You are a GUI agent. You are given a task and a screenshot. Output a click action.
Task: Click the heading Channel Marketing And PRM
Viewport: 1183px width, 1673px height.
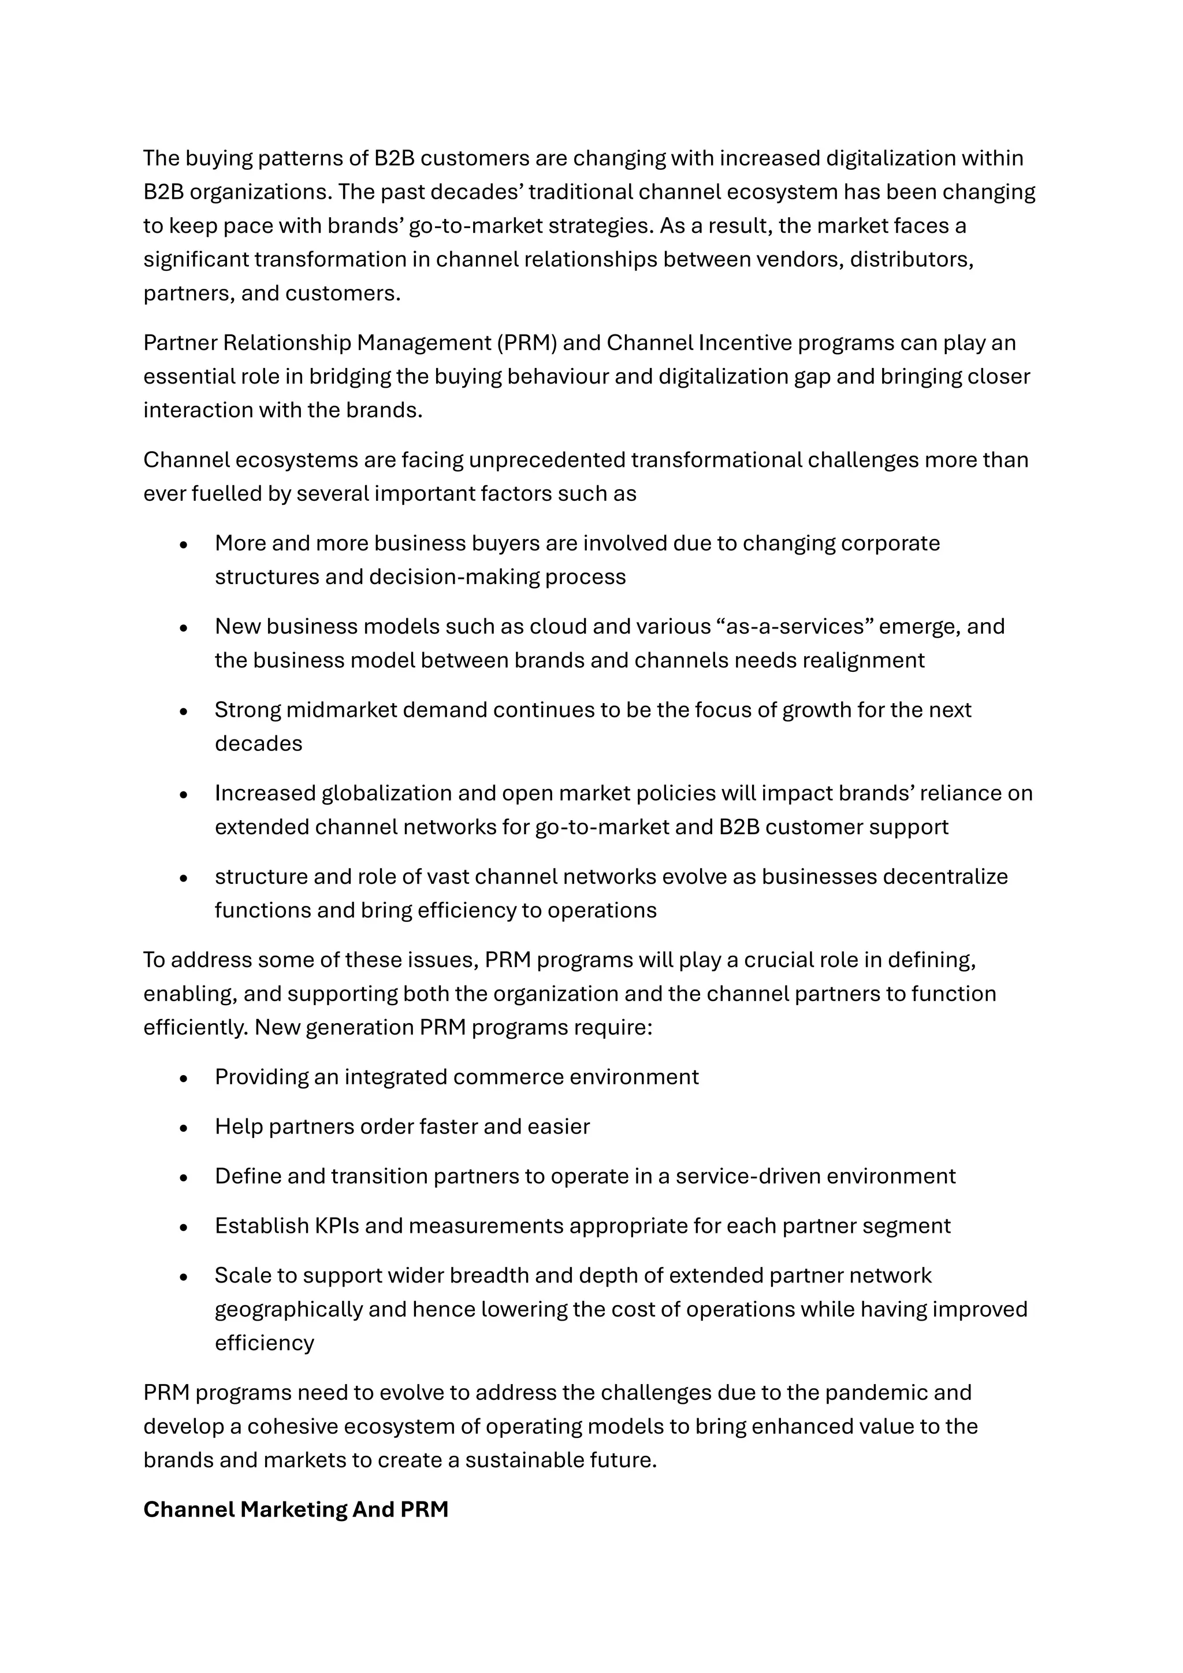point(295,1509)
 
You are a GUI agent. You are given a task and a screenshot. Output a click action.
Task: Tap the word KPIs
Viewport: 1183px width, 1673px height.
point(337,1226)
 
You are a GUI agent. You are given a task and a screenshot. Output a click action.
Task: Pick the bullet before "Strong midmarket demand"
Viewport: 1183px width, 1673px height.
point(184,711)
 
